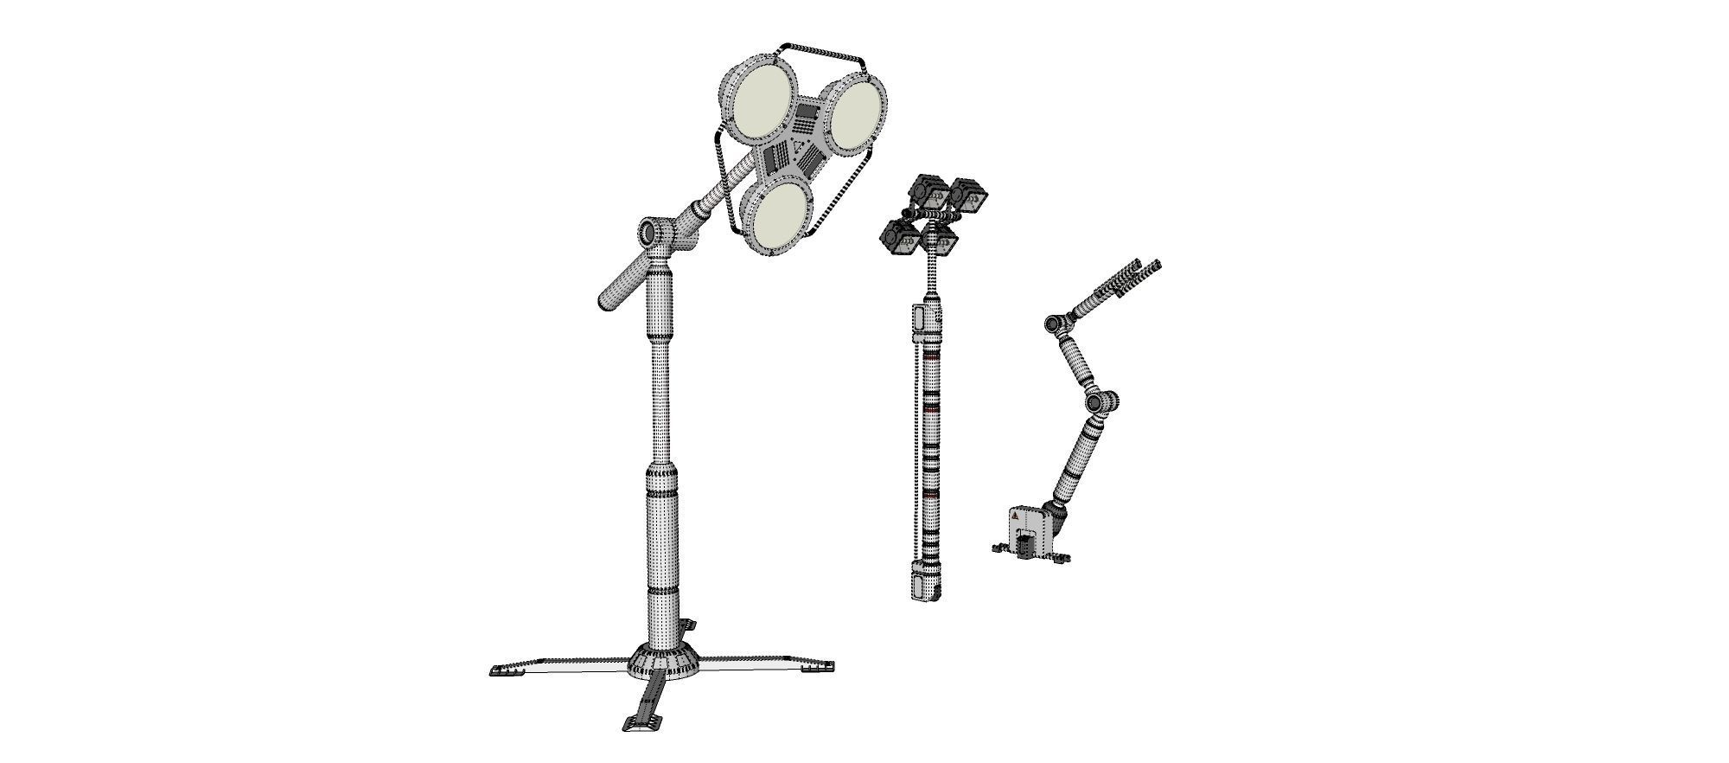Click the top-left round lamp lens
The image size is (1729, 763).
tap(759, 104)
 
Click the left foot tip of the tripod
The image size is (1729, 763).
tap(501, 670)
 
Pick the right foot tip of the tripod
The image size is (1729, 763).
tap(818, 666)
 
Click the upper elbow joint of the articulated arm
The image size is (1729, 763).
tap(1054, 324)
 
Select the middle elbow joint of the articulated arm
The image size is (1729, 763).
tap(1101, 402)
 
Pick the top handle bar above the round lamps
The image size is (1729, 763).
tap(821, 52)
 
